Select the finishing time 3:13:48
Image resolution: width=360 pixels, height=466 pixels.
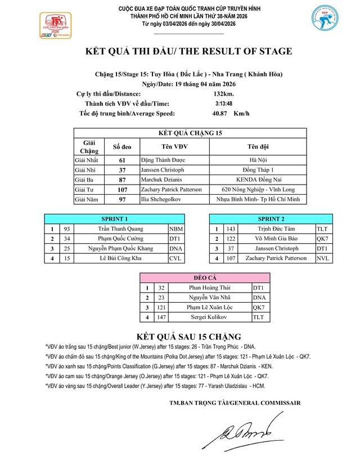(224, 104)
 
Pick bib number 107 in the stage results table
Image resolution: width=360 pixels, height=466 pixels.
(122, 190)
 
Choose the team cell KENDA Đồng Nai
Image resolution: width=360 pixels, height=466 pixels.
(258, 180)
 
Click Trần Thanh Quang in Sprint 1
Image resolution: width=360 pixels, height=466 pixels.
(120, 229)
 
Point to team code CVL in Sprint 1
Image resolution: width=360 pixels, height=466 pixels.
(176, 258)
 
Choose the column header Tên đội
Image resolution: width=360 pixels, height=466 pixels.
(258, 147)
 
